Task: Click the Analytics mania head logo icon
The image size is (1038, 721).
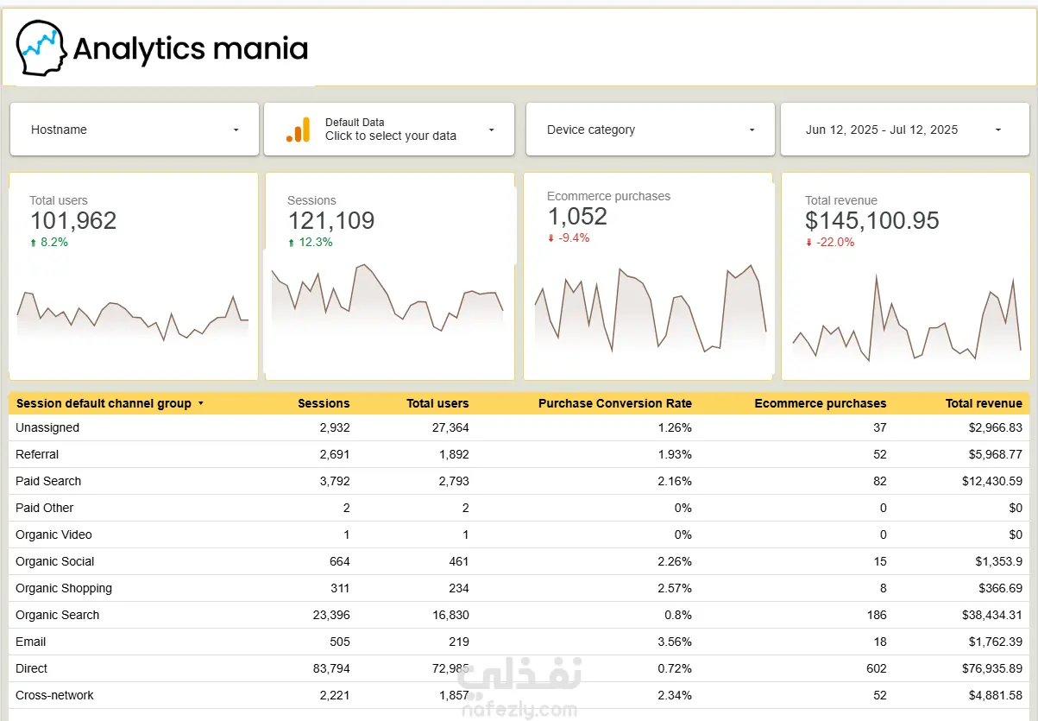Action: tap(41, 47)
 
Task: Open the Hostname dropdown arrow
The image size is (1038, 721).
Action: tap(236, 130)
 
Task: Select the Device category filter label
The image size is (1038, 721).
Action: tap(591, 130)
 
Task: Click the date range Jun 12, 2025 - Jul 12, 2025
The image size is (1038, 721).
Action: tap(881, 130)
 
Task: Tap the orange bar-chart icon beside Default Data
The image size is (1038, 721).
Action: tap(299, 130)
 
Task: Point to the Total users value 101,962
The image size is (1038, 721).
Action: tap(73, 220)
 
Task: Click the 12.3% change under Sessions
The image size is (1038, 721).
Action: tap(315, 242)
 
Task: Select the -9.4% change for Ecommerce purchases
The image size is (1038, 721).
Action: tap(574, 237)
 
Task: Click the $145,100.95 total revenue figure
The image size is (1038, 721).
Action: tap(872, 220)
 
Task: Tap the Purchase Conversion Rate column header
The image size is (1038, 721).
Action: tap(615, 403)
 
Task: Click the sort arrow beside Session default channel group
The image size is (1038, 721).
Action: tap(201, 403)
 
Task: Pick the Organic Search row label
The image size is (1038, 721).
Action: tap(58, 615)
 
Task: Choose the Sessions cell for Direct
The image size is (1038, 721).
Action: tap(331, 668)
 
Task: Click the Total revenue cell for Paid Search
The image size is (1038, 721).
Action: tap(992, 481)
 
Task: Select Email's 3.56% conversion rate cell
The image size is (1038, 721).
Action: tap(675, 642)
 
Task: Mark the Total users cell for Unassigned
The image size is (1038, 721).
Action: tap(450, 427)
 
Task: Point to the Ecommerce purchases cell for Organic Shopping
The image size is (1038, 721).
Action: tap(884, 588)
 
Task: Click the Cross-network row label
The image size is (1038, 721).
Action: tap(54, 695)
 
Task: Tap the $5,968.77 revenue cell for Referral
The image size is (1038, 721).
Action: tap(996, 454)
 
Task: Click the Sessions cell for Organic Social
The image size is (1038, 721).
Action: tap(340, 561)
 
